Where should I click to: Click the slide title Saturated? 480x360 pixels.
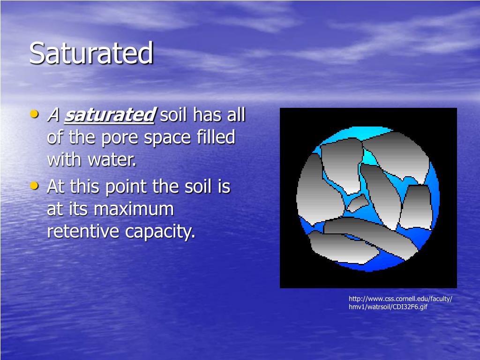click(x=91, y=53)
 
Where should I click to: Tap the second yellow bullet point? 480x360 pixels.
click(x=34, y=186)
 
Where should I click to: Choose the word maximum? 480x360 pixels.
click(x=134, y=209)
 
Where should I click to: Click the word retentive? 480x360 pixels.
click(x=83, y=232)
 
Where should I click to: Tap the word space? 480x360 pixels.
click(x=168, y=138)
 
